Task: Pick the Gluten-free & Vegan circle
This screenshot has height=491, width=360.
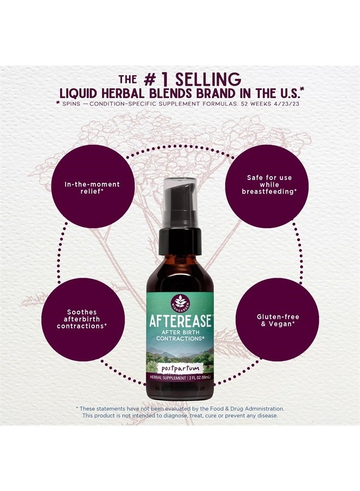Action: coord(278,320)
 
